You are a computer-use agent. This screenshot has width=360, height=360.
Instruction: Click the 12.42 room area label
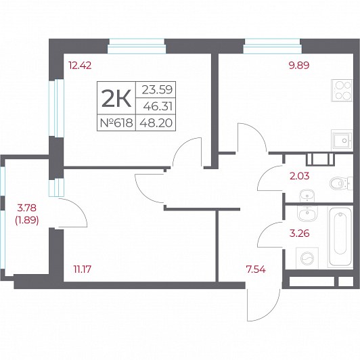coord(80,66)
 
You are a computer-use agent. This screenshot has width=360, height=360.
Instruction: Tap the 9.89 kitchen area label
coord(299,66)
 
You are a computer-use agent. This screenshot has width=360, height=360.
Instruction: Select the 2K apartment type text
coord(116,98)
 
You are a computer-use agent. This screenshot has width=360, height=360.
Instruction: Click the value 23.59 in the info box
coord(157,89)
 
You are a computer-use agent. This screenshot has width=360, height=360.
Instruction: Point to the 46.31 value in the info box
coord(158,106)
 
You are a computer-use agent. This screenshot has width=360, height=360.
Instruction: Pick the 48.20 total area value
coord(156,123)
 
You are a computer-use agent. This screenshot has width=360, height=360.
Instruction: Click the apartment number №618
coord(116,123)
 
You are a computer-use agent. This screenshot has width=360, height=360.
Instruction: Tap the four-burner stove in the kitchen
coord(342,90)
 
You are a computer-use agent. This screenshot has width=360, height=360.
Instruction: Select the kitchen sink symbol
coord(342,140)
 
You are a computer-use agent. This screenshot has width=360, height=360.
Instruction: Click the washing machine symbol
coord(307,258)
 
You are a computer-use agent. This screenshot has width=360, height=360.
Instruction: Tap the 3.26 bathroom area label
coord(299,233)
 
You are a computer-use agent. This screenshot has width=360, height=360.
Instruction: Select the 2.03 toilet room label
coord(299,176)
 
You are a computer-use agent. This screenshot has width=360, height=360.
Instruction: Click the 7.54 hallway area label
coord(256,269)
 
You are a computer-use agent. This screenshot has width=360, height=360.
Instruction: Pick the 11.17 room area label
coord(82,269)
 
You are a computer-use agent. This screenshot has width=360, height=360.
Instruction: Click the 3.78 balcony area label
coord(27,208)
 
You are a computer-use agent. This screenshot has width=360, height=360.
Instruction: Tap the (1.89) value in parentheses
coord(27,221)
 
